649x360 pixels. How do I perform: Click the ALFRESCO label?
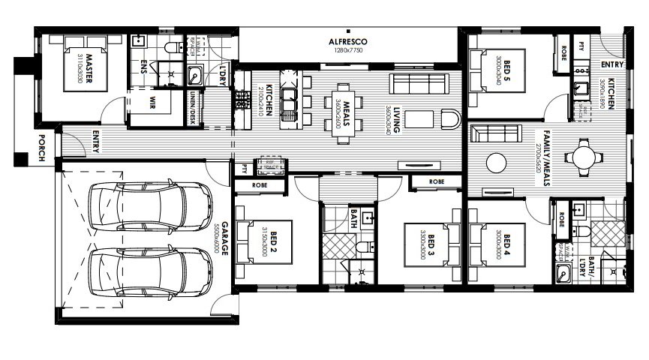[x=347, y=41]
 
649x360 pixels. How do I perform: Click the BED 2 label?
[x=275, y=241]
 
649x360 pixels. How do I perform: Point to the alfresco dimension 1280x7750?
[x=347, y=51]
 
